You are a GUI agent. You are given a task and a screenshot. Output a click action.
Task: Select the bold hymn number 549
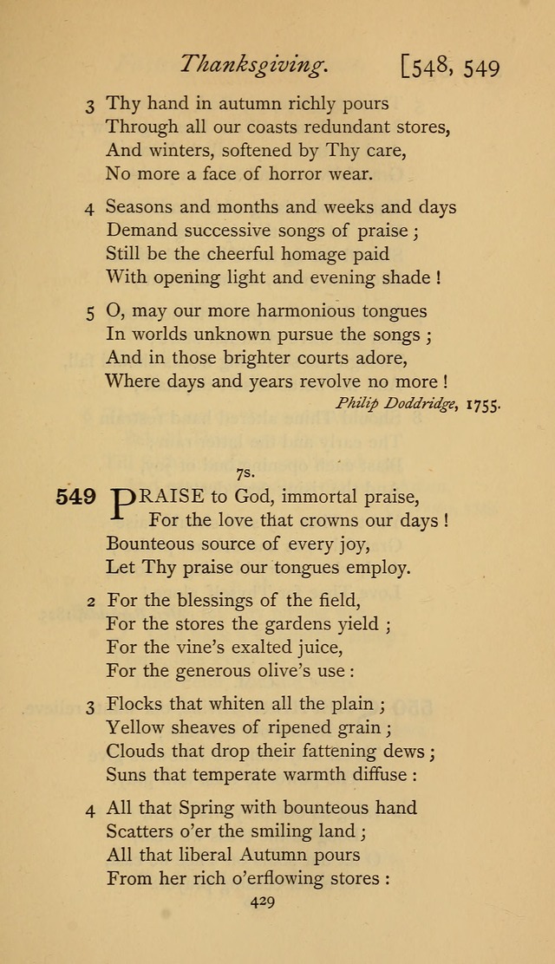[75, 497]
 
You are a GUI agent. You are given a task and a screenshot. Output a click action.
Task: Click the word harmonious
[300, 310]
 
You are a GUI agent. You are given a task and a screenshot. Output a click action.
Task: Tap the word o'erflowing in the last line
[275, 877]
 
